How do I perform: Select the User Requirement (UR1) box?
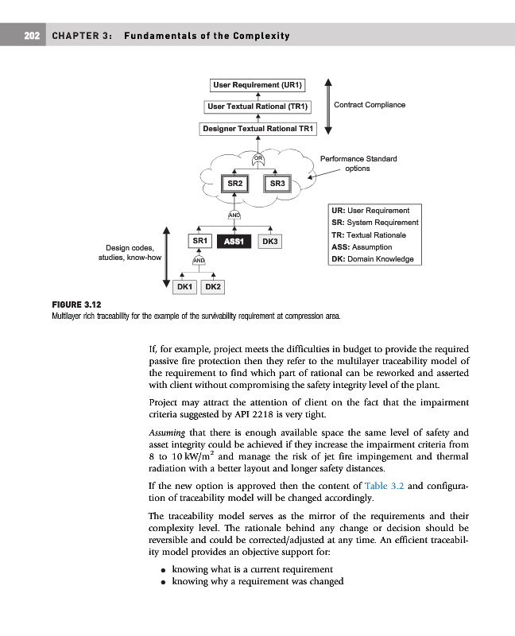point(258,84)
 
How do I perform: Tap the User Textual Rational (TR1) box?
point(258,106)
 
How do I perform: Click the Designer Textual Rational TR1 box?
point(258,128)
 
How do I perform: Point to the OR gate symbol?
point(258,158)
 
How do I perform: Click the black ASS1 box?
point(234,241)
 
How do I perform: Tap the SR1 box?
point(199,240)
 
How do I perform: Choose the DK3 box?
point(270,241)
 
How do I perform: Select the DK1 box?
point(185,286)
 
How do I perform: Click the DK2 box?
point(213,286)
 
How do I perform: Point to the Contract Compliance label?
point(370,105)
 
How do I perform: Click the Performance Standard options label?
point(358,163)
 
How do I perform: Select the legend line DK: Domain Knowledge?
point(372,259)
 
